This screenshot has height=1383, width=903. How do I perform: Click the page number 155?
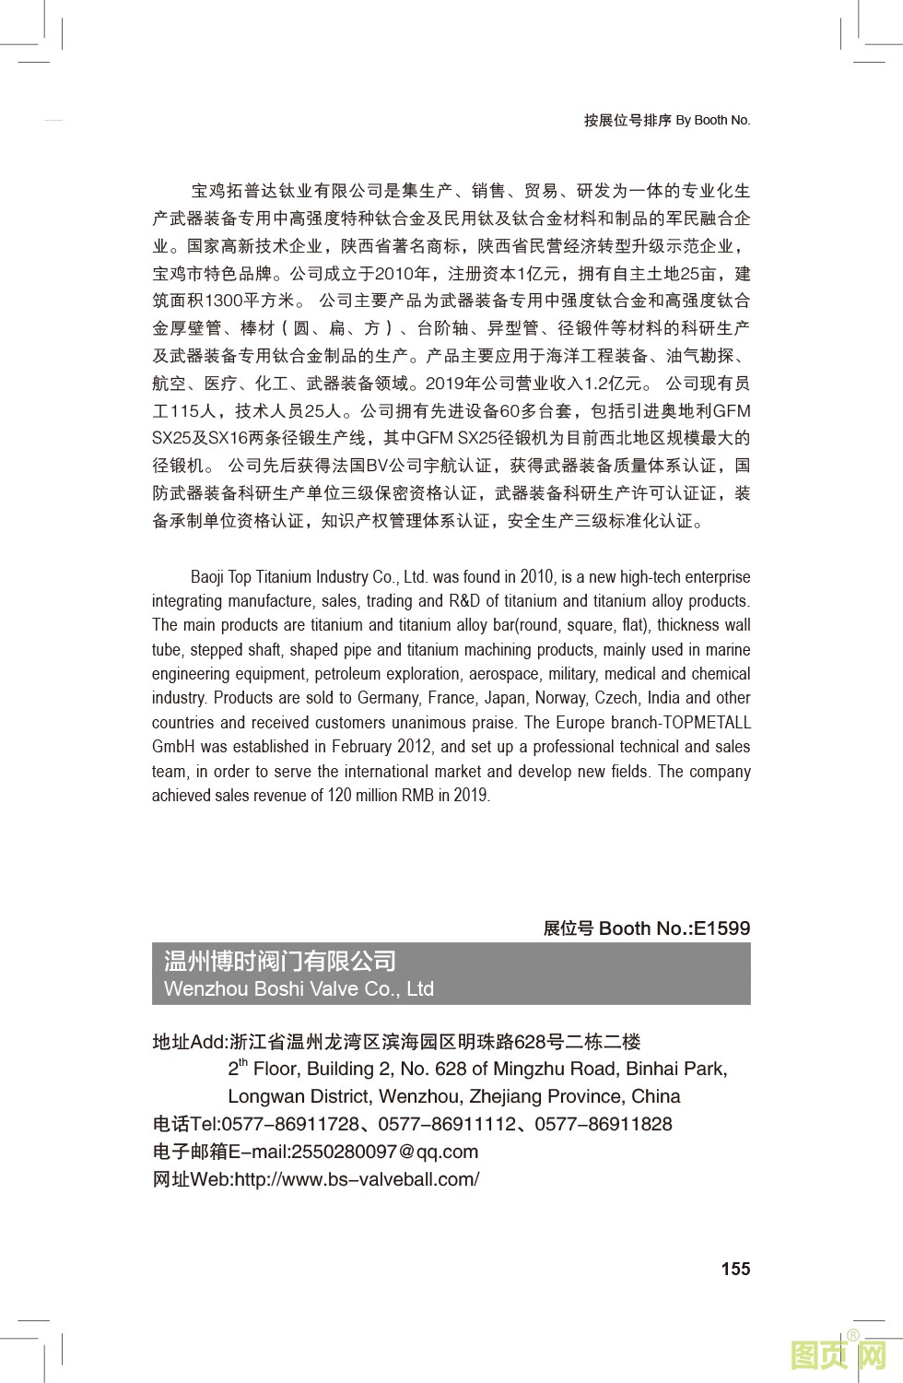point(735,1269)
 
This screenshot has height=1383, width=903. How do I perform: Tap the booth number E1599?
point(721,928)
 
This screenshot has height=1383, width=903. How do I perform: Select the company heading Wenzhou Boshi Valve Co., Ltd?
point(299,988)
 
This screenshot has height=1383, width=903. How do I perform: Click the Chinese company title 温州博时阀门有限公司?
point(280,961)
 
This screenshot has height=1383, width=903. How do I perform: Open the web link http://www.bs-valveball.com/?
point(357,1179)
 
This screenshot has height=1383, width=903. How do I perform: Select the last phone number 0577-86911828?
point(604,1124)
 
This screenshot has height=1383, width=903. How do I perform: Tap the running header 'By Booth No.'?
point(713,120)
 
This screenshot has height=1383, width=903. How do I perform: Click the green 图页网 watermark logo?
point(838,1354)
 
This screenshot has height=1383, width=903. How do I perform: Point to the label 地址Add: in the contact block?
point(189,1042)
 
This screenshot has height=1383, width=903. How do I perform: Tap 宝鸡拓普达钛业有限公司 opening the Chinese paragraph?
point(287,191)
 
